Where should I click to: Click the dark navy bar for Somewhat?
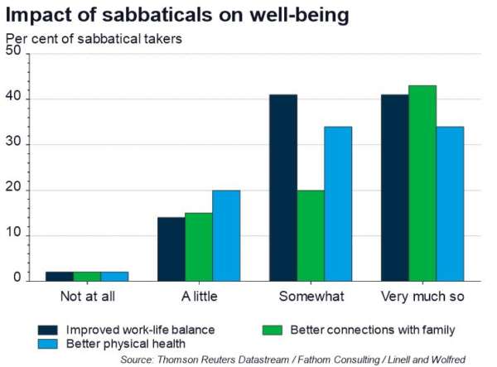[282, 188]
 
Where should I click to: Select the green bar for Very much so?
[422, 183]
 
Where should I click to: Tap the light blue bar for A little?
[226, 235]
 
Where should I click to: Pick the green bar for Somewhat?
[311, 235]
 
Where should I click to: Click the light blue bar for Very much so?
[450, 204]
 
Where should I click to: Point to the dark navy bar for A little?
[171, 249]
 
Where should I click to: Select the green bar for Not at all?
[86, 276]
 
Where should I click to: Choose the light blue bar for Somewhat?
[338, 204]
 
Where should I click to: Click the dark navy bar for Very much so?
[394, 188]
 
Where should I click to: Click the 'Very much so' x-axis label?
[422, 297]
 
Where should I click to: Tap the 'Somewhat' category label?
[311, 297]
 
